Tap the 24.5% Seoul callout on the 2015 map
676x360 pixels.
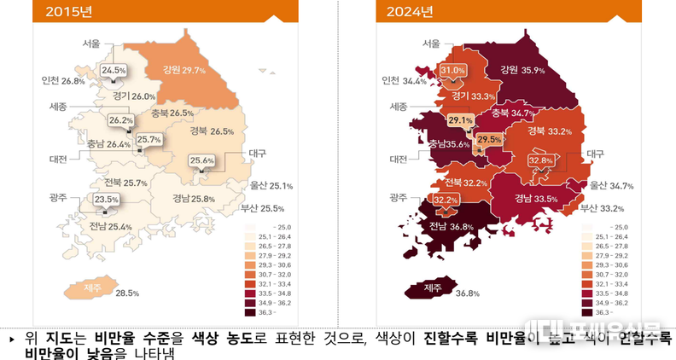(114, 70)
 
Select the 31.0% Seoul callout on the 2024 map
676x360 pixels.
(452, 70)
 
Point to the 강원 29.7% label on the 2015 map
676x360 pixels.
(178, 71)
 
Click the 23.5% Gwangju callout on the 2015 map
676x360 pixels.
(107, 200)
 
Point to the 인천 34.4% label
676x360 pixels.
(404, 82)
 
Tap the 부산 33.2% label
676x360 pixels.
(602, 208)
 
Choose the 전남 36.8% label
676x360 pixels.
(450, 226)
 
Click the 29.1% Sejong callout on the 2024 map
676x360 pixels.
(460, 120)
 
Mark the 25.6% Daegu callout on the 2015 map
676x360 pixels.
(202, 160)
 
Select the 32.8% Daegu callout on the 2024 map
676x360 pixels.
(541, 160)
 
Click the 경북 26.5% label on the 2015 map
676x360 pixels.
(210, 131)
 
